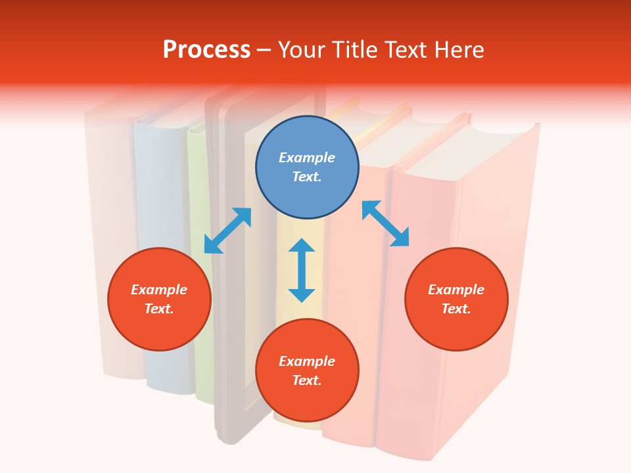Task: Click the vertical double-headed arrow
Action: click(x=302, y=270)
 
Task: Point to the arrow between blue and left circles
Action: click(x=227, y=231)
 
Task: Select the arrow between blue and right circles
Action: click(x=385, y=223)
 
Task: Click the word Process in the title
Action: click(x=206, y=49)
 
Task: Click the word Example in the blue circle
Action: click(x=307, y=158)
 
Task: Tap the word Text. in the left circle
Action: click(x=159, y=309)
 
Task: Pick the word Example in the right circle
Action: click(x=456, y=290)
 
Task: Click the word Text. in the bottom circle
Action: click(x=307, y=380)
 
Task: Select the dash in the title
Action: click(x=264, y=50)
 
